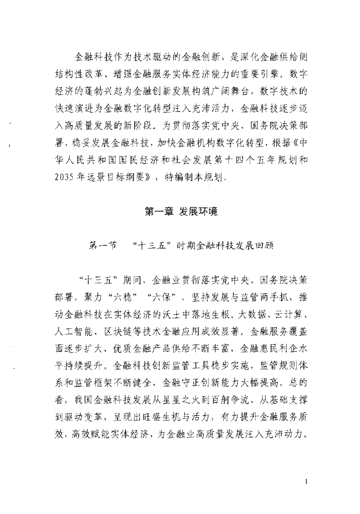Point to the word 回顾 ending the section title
point(263,246)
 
